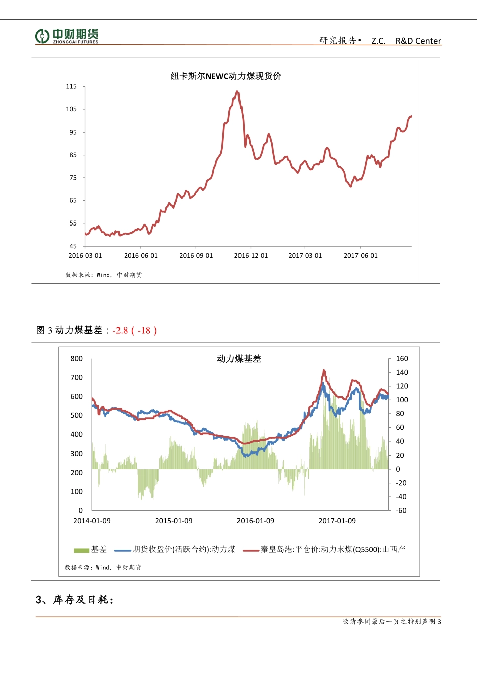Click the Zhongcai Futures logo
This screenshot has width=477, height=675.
pos(67,36)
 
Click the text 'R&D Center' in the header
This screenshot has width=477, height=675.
pos(418,41)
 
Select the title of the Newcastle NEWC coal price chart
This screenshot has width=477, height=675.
pos(226,76)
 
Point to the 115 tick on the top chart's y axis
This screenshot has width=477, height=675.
pos(71,87)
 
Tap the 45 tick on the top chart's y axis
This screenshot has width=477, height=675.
pos(73,246)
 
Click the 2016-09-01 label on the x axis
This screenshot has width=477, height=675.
pos(196,256)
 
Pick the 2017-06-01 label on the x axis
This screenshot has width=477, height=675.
pos(361,256)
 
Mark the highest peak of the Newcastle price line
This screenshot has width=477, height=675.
pos(237,91)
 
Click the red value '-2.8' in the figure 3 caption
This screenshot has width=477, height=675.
pos(120,330)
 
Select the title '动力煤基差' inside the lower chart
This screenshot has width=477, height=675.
pos(239,359)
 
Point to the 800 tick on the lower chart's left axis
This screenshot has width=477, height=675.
pos(77,359)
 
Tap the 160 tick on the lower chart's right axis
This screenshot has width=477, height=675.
pos(402,359)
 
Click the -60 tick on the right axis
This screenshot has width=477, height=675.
pos(401,510)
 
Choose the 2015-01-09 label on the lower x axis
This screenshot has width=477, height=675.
pos(174,521)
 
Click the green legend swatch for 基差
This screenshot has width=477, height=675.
pos(81,550)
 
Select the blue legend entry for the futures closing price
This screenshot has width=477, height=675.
pos(176,550)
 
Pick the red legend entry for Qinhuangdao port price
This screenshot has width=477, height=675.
pos(324,550)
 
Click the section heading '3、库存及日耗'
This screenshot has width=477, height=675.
pos(75,600)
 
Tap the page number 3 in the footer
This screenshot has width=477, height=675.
pos(439,622)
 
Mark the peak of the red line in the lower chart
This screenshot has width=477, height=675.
pos(324,370)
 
